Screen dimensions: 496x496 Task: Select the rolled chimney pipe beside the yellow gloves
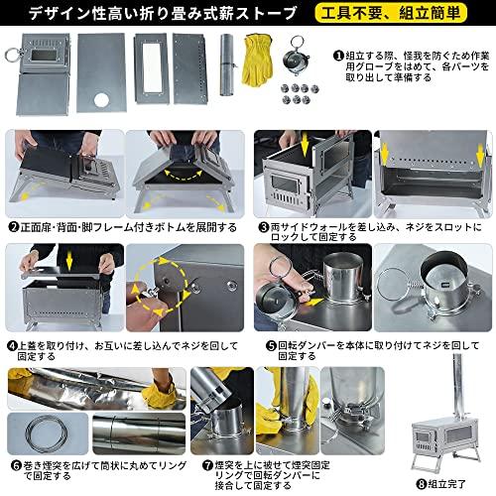[226, 62]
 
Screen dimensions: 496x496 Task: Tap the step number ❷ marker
[14, 226]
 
